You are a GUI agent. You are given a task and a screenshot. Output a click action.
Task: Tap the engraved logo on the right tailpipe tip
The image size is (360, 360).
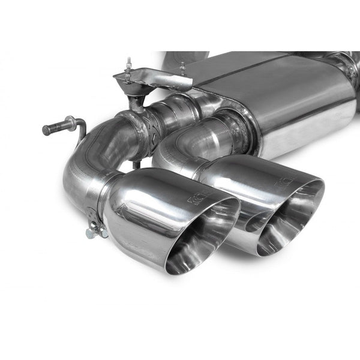[x=286, y=181]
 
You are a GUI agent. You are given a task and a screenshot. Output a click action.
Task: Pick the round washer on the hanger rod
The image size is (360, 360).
[x=70, y=123]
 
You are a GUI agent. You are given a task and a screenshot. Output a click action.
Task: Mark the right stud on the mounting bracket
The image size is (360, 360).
[x=182, y=68]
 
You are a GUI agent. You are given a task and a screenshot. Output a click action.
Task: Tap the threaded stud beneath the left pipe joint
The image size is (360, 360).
[x=137, y=164]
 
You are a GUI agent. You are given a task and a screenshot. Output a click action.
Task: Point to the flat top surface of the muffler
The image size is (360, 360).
[x=264, y=72]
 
